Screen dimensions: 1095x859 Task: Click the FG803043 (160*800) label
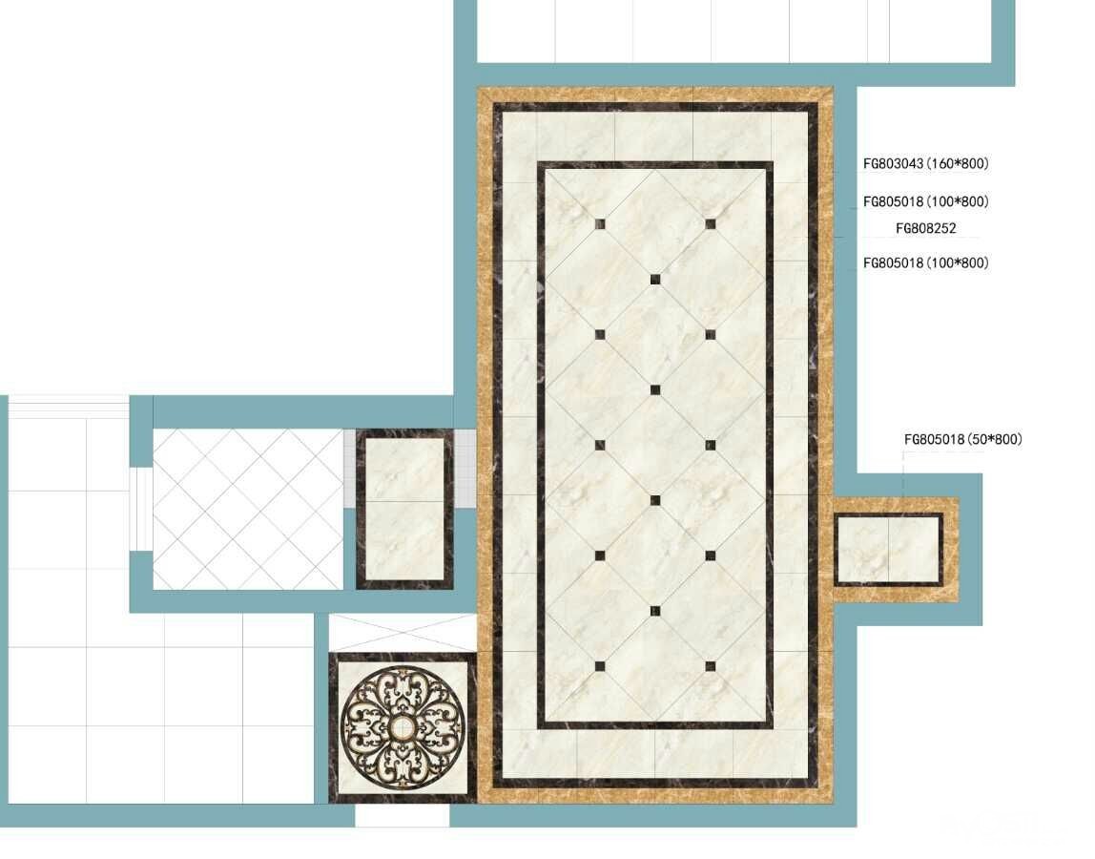926,163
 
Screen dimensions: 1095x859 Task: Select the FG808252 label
926,228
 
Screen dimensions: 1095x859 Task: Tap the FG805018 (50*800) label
963,440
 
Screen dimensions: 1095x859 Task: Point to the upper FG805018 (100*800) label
926,202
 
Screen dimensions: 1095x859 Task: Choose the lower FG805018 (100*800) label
926,263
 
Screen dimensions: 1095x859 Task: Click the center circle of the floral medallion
403,728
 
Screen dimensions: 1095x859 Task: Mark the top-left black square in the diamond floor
600,224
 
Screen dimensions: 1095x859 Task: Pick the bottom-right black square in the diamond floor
711,666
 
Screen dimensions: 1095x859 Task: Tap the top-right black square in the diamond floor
711,224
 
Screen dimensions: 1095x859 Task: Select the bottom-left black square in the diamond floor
600,666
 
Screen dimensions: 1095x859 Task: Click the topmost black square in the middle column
655,280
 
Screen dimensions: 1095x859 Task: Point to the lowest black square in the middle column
655,611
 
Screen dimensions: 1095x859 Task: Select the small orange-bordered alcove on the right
896,550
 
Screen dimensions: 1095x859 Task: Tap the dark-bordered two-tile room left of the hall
405,509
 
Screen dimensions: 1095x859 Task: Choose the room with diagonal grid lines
248,509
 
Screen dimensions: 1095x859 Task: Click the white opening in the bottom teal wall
403,816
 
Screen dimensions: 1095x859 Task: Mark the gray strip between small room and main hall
465,469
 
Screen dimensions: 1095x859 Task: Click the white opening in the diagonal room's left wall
141,509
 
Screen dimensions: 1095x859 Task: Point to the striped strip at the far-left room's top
69,407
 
